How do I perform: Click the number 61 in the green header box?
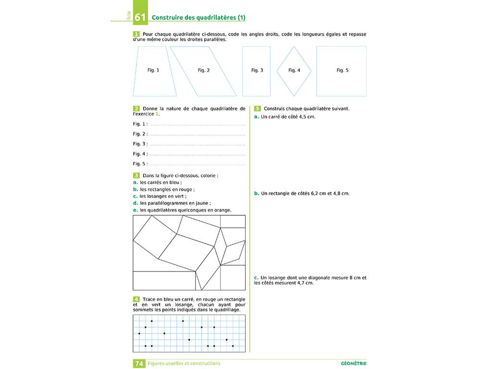click(140, 18)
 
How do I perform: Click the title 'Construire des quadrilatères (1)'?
click(198, 18)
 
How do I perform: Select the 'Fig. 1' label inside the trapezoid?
click(153, 70)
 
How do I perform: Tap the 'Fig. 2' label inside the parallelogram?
click(204, 70)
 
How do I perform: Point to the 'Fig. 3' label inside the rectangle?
click(257, 70)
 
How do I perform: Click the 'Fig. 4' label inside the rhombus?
click(294, 70)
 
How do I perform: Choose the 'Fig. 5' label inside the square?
click(342, 70)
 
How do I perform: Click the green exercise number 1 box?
click(136, 34)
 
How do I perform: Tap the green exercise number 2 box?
click(136, 109)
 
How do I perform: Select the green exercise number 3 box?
click(136, 176)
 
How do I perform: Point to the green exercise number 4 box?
click(136, 299)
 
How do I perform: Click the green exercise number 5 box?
click(258, 109)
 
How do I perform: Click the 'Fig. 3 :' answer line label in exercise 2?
click(140, 144)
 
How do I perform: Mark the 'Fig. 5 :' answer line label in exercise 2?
click(140, 164)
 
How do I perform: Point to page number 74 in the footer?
click(139, 364)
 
